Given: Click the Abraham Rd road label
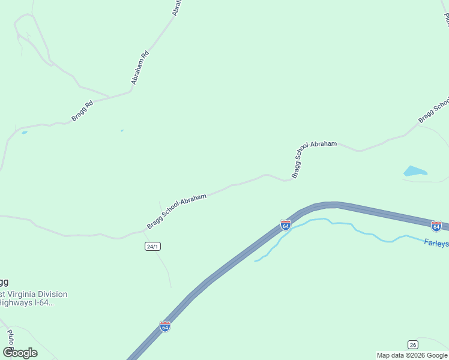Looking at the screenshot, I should click(x=140, y=68).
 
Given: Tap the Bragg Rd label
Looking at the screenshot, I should click(x=82, y=111).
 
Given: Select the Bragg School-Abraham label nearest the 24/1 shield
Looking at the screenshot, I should click(x=176, y=211).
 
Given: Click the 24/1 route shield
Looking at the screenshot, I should click(x=152, y=247).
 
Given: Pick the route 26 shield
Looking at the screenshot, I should click(x=412, y=344).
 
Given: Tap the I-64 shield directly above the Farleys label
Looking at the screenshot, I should click(x=436, y=226).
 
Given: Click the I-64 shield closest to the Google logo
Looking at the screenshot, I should click(x=165, y=326).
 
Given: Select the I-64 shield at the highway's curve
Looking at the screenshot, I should click(x=286, y=225).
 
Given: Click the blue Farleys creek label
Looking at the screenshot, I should click(x=436, y=243).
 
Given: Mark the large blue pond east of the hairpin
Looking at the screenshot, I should click(x=414, y=172).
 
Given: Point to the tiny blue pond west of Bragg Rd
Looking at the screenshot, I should click(x=24, y=132).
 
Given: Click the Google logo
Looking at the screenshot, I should click(x=20, y=352).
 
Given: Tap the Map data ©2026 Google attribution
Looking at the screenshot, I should click(x=412, y=355).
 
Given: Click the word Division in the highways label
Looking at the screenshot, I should click(x=52, y=294).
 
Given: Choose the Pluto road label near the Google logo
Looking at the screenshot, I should click(x=10, y=337).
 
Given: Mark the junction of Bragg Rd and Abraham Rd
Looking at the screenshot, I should click(x=131, y=91).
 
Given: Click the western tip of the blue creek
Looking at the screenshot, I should click(x=255, y=261).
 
